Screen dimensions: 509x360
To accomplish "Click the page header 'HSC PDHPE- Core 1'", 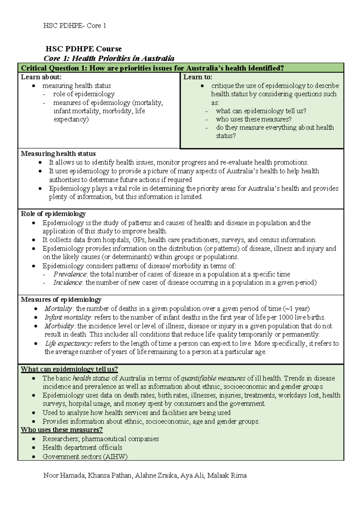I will point(75,26).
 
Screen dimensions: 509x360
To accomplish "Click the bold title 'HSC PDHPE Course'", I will point(83,49).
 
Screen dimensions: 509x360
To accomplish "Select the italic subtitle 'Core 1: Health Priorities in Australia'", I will point(109,58).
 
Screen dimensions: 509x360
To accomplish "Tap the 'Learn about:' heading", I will point(41,77).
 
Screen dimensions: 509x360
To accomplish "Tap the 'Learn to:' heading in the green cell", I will point(198,77).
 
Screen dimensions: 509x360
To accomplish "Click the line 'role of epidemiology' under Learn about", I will point(84,94).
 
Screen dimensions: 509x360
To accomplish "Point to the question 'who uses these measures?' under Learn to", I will point(253,119).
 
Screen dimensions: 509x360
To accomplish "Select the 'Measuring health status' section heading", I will point(58,154).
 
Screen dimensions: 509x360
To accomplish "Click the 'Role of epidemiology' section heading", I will point(53,214).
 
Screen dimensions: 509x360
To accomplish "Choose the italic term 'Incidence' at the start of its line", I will point(67,283).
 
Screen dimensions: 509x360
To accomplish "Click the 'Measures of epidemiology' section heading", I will point(61,300).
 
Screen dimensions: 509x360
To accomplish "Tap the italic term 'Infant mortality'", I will point(68,317).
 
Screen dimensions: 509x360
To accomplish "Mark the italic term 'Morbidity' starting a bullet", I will point(59,326).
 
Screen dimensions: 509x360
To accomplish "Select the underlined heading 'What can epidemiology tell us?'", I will point(69,369).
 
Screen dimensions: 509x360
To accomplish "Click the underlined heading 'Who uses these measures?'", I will point(62,430).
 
